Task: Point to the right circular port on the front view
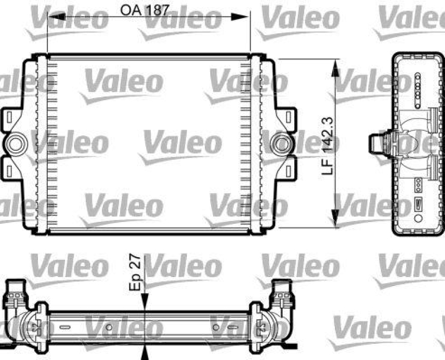(x=278, y=144)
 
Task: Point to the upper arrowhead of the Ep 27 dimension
(x=145, y=301)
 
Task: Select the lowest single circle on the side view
(x=418, y=181)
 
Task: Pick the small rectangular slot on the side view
(x=419, y=201)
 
